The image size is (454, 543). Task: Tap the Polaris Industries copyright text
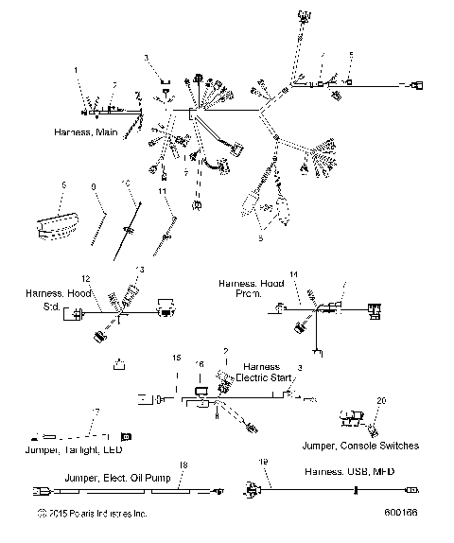92,515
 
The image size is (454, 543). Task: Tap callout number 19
264,461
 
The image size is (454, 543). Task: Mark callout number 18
183,465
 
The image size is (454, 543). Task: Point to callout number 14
294,273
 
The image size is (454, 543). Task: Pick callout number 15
175,359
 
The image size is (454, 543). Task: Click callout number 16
200,363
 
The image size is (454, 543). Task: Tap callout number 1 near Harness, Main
77,72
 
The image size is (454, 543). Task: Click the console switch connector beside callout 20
351,415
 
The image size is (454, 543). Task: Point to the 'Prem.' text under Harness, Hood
240,293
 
